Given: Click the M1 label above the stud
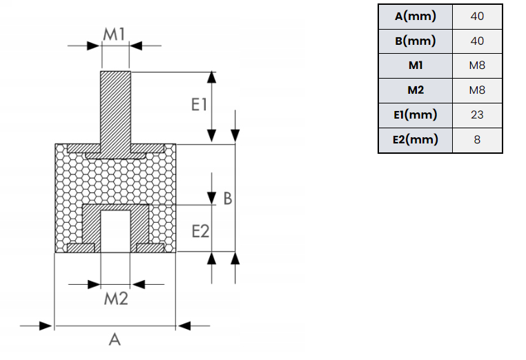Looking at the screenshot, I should pos(115,33).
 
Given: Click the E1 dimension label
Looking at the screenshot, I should pos(199,105).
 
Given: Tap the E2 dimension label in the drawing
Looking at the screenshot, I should pos(199,231).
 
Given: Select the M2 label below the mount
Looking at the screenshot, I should pos(115,299).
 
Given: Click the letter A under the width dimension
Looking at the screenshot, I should pos(115,339).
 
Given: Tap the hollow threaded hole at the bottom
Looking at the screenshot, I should pos(115,231).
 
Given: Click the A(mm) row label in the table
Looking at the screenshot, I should pos(415,16).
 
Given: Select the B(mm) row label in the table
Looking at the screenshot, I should pos(415,41).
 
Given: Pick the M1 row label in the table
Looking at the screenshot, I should pos(415,66).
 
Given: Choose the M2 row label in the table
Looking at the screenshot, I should pos(415,90).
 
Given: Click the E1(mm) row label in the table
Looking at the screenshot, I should pos(415,114).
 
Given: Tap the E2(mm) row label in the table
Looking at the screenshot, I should pos(415,139).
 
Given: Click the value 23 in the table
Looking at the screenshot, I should pos(477,114).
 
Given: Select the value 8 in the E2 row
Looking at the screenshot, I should pos(477,139).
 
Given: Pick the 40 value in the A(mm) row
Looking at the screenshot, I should pos(477,16).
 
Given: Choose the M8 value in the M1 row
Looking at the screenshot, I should pos(477,66).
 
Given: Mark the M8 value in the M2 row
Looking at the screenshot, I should pos(477,90).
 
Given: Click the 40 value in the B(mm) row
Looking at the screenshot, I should pos(477,41).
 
